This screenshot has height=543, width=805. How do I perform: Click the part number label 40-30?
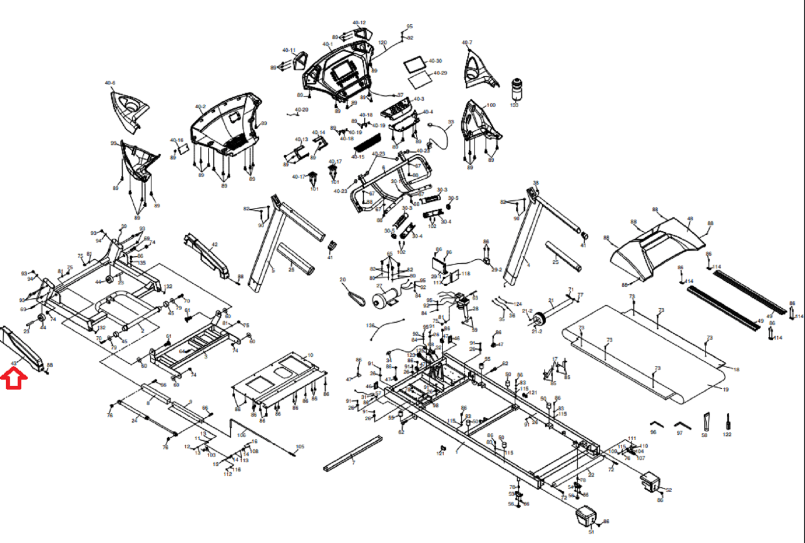point(435,61)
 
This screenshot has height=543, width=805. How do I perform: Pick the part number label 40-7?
point(467,43)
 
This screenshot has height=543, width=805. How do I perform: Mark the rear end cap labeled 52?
point(651,482)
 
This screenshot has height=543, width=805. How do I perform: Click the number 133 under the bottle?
point(514,105)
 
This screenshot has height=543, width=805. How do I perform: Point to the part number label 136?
point(370,326)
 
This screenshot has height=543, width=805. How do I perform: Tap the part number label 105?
point(300,446)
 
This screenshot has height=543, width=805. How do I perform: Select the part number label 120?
point(382,43)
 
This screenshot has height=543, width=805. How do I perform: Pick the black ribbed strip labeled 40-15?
point(367,143)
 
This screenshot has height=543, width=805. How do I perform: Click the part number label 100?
point(491,105)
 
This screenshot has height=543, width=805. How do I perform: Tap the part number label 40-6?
point(110,83)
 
